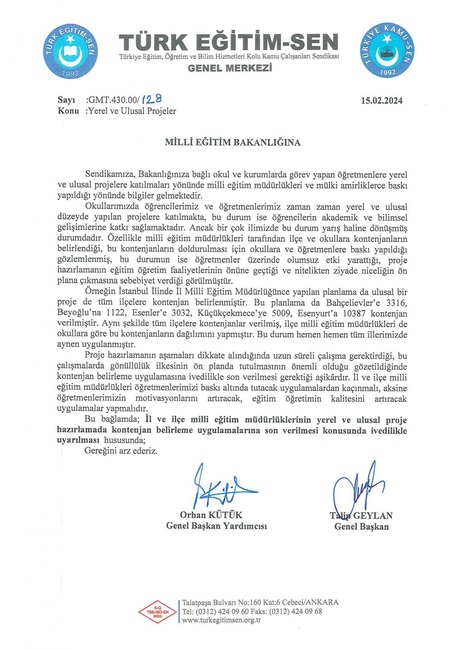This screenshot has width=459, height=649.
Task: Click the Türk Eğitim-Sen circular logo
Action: coord(70,52)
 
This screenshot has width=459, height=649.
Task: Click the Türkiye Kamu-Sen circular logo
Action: coord(387,50)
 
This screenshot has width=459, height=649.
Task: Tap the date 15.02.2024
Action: coord(382,101)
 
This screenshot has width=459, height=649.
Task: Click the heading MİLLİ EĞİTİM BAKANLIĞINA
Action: coord(232,142)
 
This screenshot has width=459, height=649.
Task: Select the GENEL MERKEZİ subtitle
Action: coord(230,68)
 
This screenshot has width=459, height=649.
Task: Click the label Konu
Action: coord(68,111)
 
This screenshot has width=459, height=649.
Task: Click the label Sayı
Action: coord(66,100)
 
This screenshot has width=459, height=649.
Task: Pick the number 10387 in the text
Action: coord(354,313)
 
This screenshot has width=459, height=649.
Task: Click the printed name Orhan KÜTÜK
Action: coord(211,515)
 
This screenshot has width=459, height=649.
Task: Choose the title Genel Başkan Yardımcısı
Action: coord(216,526)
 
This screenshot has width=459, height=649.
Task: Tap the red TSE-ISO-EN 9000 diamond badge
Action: coord(158,612)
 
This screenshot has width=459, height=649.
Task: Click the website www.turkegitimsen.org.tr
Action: coord(221,620)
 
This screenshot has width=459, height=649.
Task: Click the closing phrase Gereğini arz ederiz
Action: coord(121,451)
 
